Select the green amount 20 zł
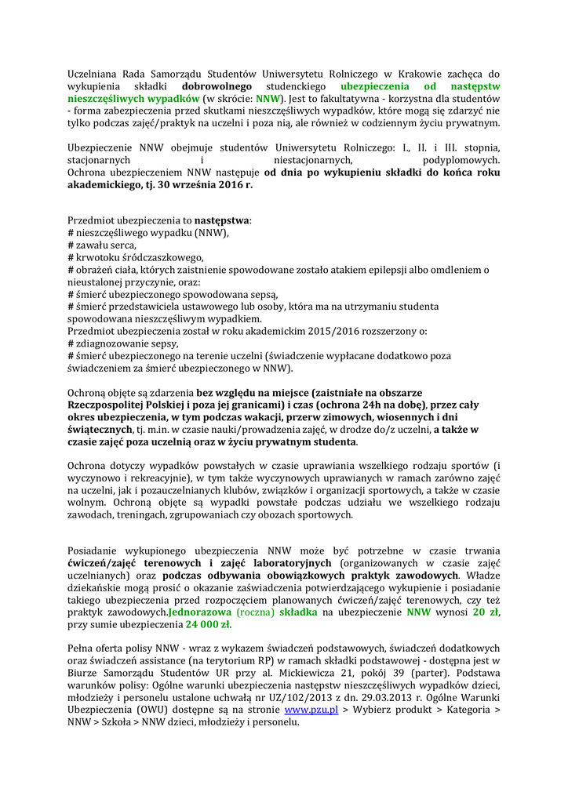click(x=486, y=612)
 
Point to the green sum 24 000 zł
click(x=208, y=625)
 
